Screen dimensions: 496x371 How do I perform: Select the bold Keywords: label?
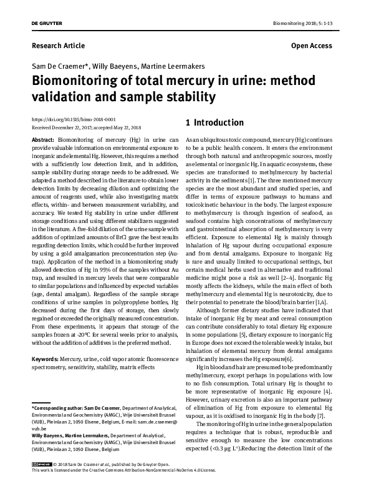pos(45,360)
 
